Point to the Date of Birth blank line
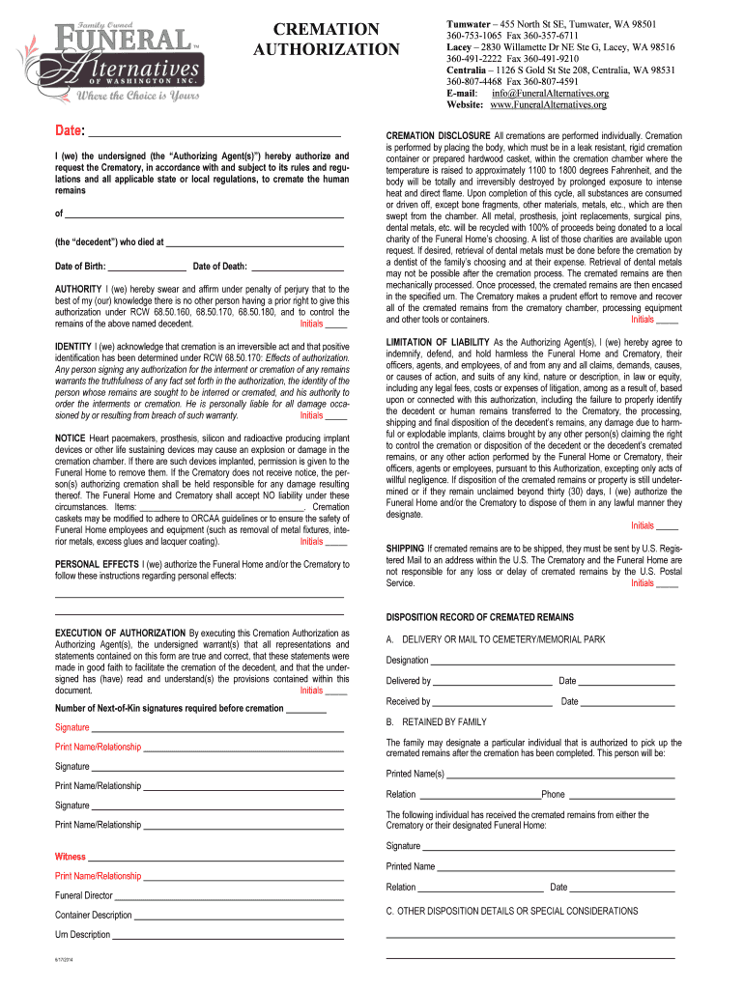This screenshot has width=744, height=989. pyautogui.click(x=147, y=266)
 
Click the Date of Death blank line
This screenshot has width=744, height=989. pyautogui.click(x=298, y=266)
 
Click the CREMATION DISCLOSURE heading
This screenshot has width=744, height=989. pyautogui.click(x=437, y=136)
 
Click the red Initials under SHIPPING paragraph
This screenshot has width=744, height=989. pyautogui.click(x=644, y=583)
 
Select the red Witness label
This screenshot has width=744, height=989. pyautogui.click(x=70, y=857)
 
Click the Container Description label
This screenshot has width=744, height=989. pyautogui.click(x=94, y=915)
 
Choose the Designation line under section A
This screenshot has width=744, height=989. pyautogui.click(x=552, y=661)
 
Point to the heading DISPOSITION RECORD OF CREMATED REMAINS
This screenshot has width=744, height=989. pyautogui.click(x=479, y=617)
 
